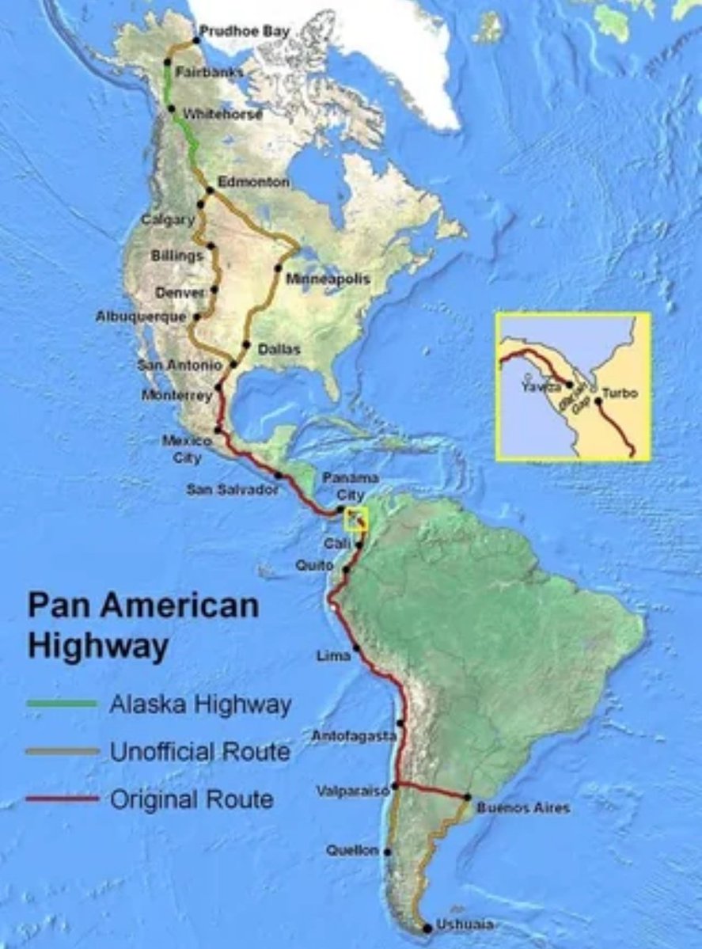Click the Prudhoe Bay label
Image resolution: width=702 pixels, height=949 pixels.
[x=244, y=31]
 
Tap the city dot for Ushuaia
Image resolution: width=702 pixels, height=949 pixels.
[x=428, y=927]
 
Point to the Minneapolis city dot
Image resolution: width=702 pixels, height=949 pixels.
[x=279, y=268]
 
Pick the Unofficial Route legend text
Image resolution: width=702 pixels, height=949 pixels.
[x=199, y=751]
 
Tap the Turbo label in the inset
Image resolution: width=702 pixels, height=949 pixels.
[x=620, y=393]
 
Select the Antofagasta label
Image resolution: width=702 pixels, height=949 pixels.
[x=354, y=736]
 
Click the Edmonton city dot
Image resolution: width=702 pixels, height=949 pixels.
[x=210, y=190]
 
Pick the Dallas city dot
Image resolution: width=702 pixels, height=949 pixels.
[x=247, y=345]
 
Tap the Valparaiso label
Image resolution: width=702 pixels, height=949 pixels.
[x=352, y=791]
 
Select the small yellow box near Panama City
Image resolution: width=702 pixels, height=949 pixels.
[x=358, y=519]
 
